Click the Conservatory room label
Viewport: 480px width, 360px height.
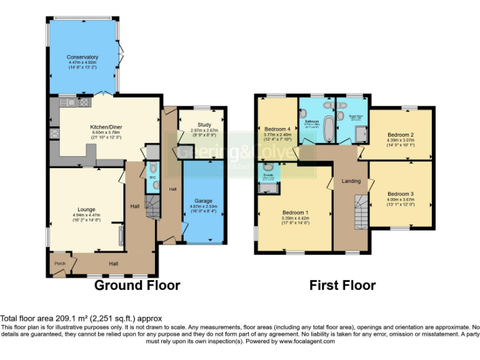pyautogui.click(x=83, y=57)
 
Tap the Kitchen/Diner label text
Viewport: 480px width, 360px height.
pyautogui.click(x=106, y=127)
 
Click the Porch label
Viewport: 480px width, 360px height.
pyautogui.click(x=59, y=263)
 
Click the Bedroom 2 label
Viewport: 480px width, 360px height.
pyautogui.click(x=401, y=134)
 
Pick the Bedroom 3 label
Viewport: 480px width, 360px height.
pyautogui.click(x=400, y=194)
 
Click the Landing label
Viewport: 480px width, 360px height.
pyautogui.click(x=351, y=181)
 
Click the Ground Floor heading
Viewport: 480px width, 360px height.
pyautogui.click(x=137, y=286)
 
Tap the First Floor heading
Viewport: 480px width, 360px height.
pyautogui.click(x=342, y=286)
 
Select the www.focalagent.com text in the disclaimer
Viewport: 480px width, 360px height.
pyautogui.click(x=299, y=341)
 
